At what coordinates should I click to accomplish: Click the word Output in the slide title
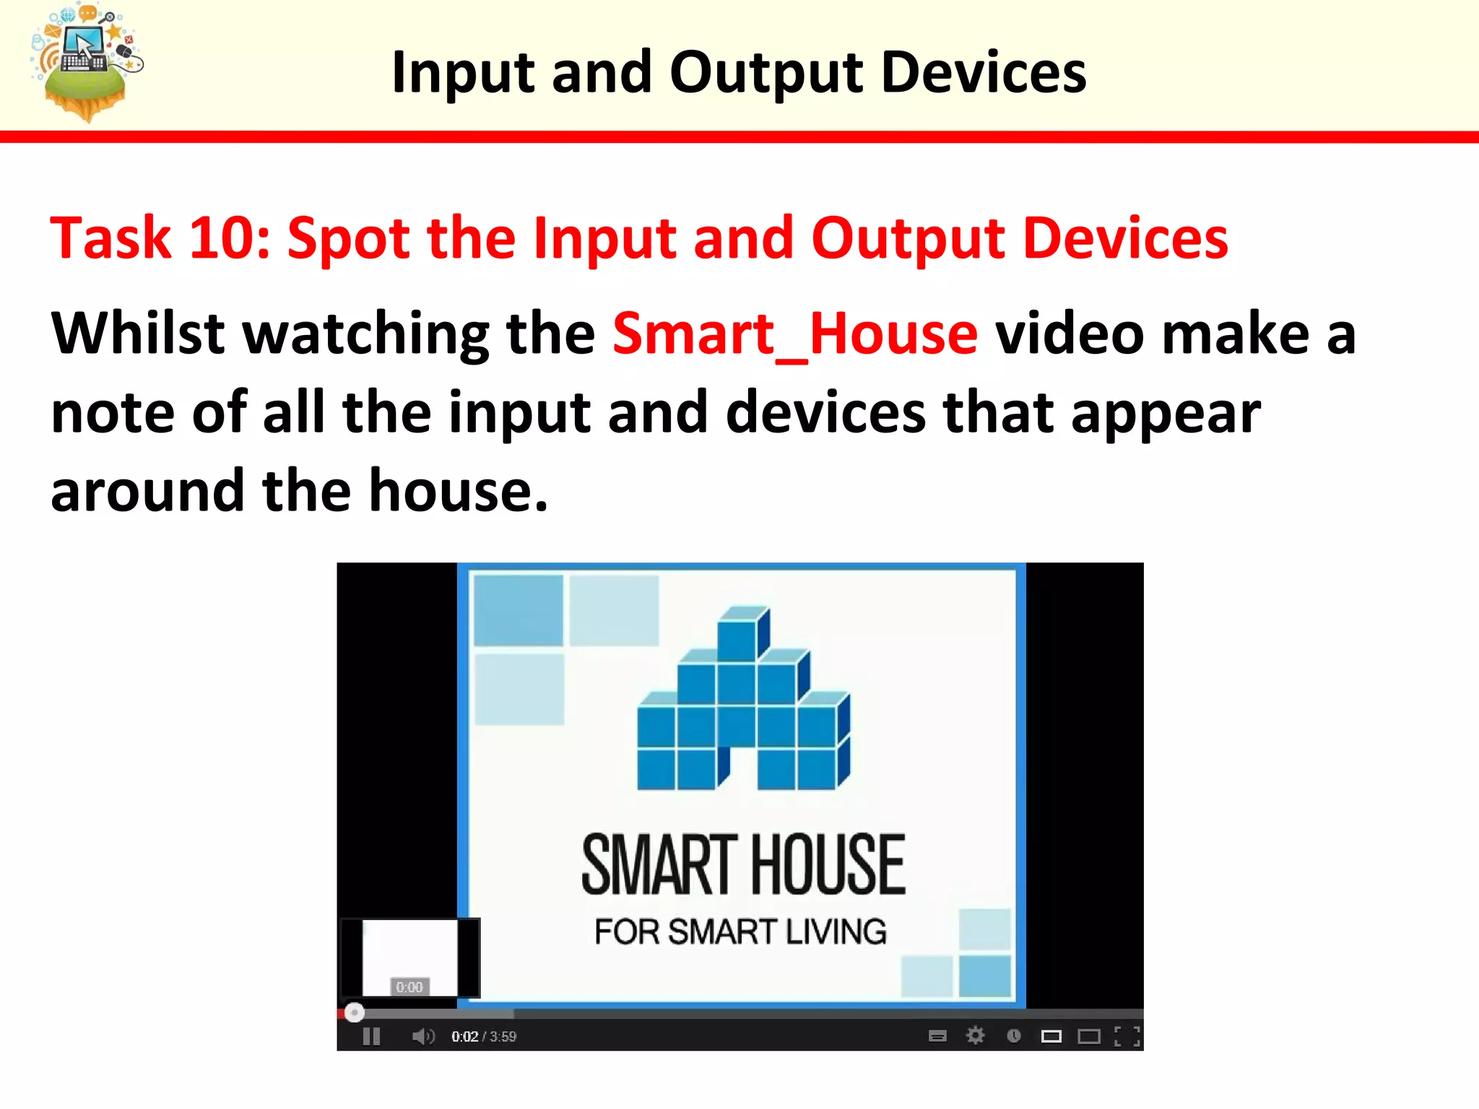(x=766, y=73)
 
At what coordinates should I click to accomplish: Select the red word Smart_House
(x=795, y=334)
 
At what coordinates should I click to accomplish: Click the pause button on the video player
(x=371, y=1037)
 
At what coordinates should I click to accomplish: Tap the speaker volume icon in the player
(x=423, y=1037)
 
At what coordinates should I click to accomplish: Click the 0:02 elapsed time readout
(x=464, y=1037)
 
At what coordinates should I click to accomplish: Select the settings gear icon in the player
(x=975, y=1036)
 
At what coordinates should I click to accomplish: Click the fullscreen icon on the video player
(x=1127, y=1037)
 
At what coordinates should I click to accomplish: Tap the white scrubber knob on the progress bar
(x=354, y=1013)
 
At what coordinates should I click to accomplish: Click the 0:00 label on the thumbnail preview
(x=409, y=987)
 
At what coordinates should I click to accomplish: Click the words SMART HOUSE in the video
(x=743, y=865)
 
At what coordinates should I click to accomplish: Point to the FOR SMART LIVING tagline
(x=740, y=932)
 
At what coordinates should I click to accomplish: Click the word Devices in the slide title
(x=984, y=73)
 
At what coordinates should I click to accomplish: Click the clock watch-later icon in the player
(x=1013, y=1037)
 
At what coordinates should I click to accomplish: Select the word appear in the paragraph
(x=1165, y=413)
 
